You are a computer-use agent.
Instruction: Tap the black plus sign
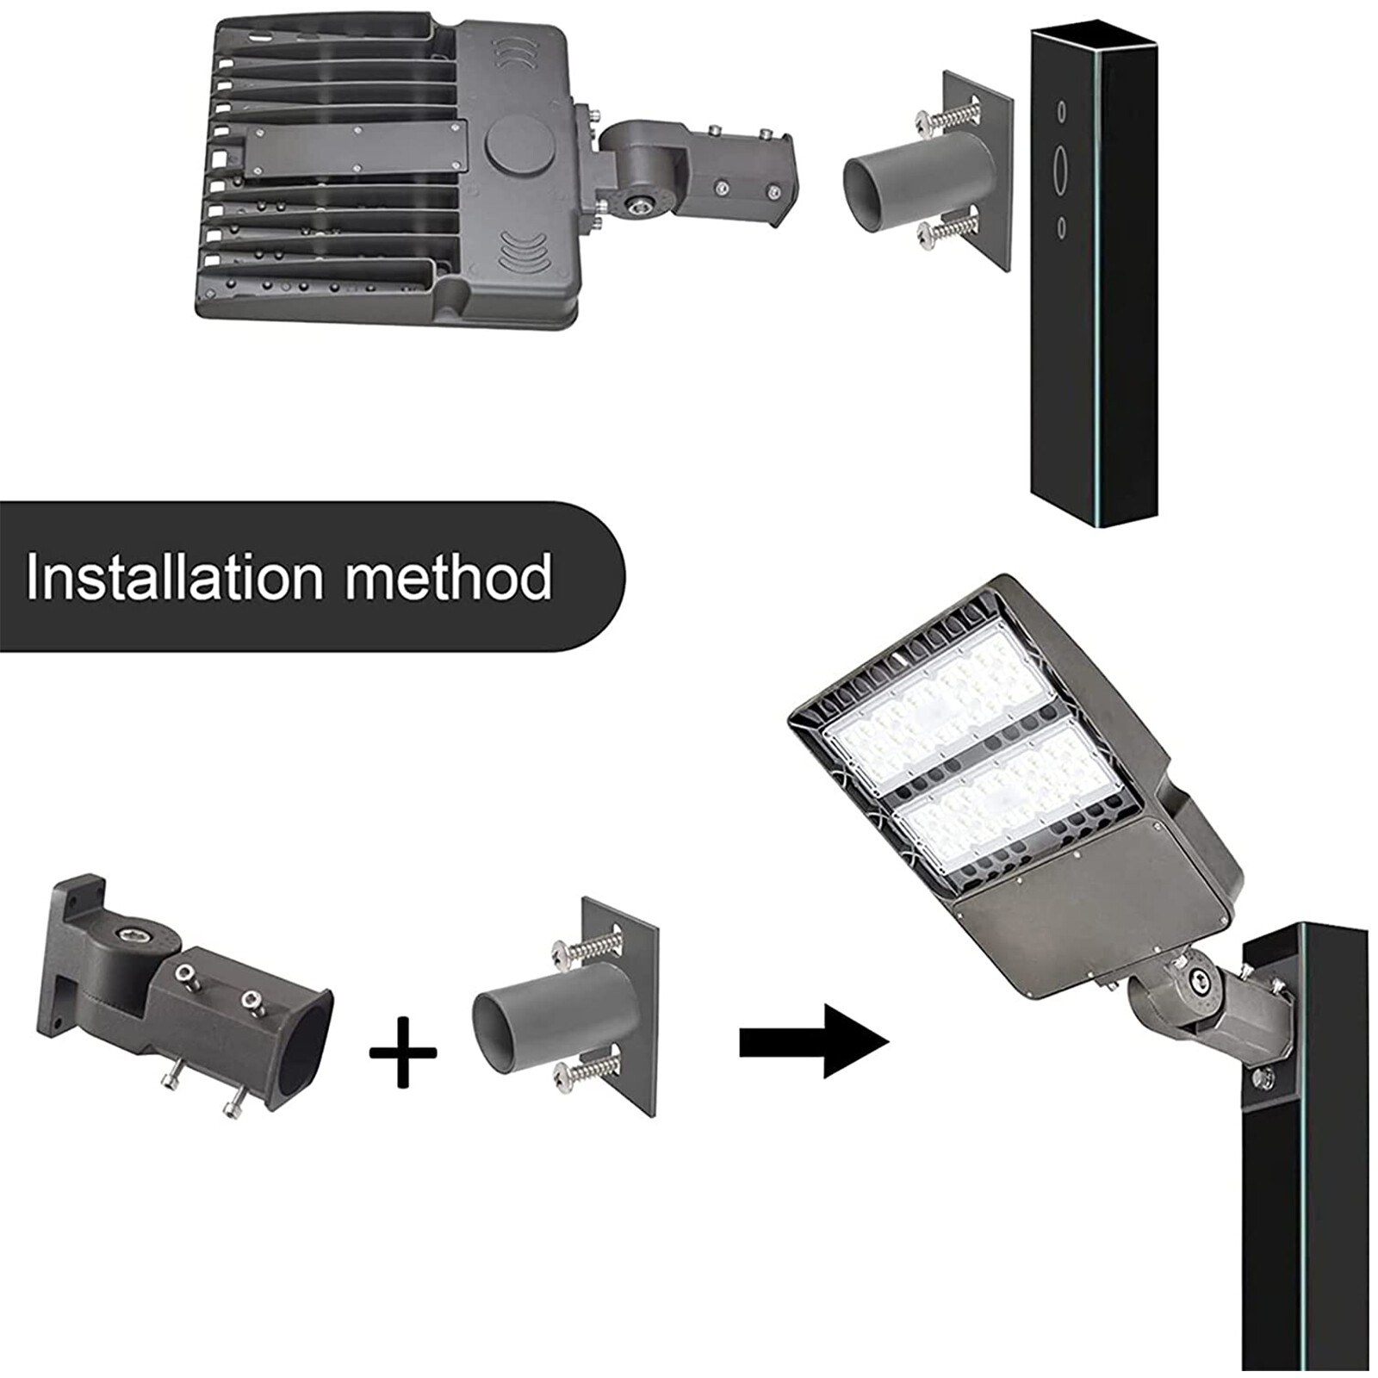(402, 1052)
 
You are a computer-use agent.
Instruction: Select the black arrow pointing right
(813, 1041)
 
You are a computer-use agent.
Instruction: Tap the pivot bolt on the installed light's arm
(1197, 977)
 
